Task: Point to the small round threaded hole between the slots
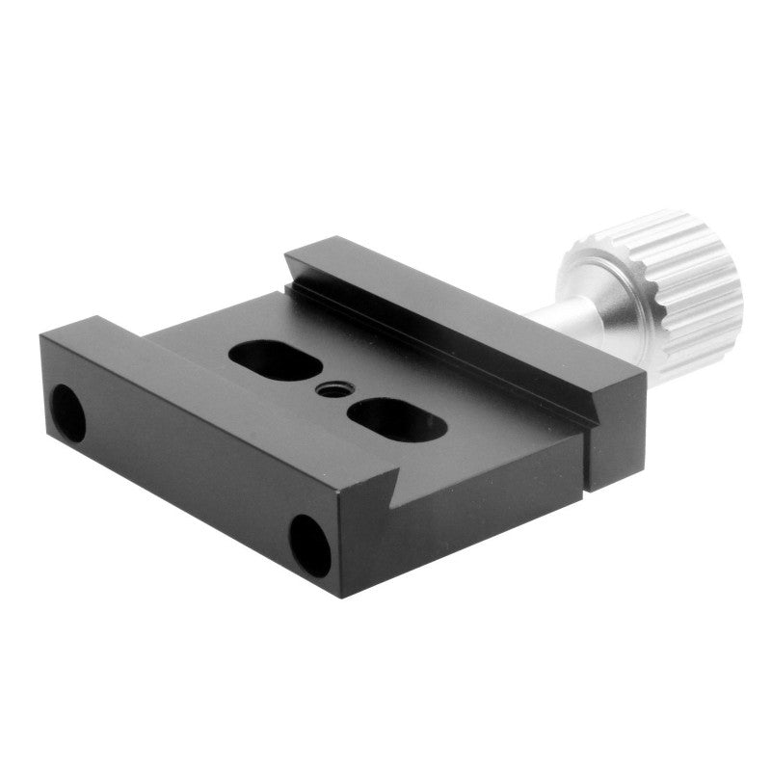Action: [331, 390]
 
